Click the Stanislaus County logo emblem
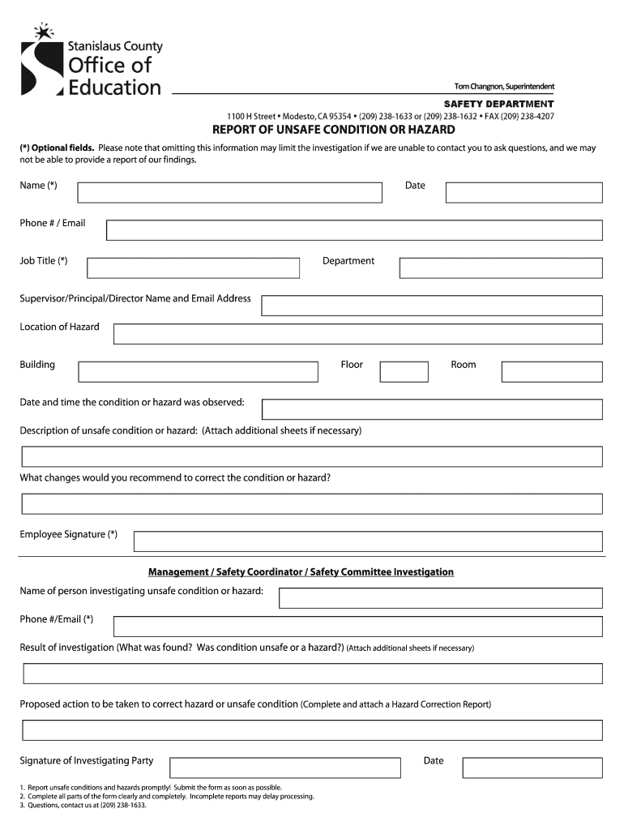pyautogui.click(x=41, y=62)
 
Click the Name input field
pyautogui.click(x=229, y=193)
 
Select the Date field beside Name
pyautogui.click(x=524, y=193)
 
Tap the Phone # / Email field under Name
pyautogui.click(x=354, y=230)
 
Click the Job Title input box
pyautogui.click(x=193, y=268)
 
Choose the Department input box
pyautogui.click(x=501, y=268)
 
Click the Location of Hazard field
pyautogui.click(x=357, y=334)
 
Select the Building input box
pyautogui.click(x=198, y=372)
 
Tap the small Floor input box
pyautogui.click(x=404, y=372)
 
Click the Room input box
pyautogui.click(x=551, y=372)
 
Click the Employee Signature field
pyautogui.click(x=368, y=541)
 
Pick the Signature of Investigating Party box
pyautogui.click(x=284, y=768)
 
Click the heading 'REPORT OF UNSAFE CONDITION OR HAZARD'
pyautogui.click(x=334, y=130)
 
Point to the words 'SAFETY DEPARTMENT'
pyautogui.click(x=498, y=104)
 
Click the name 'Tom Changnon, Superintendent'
pyautogui.click(x=503, y=87)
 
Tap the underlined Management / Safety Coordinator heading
pyautogui.click(x=301, y=572)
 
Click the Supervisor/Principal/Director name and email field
pyautogui.click(x=431, y=306)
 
